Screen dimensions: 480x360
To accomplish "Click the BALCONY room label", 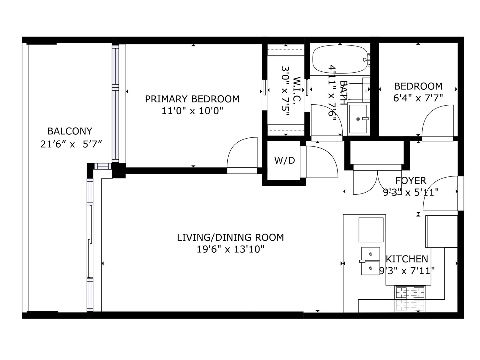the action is [70, 131].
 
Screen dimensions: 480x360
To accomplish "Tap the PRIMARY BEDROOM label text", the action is [192, 99].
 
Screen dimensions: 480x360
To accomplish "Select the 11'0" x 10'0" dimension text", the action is [192, 111].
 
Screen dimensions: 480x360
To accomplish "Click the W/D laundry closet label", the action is [284, 161].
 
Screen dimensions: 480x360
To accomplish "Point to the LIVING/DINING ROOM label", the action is [230, 237].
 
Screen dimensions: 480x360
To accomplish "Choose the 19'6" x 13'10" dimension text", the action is [230, 249].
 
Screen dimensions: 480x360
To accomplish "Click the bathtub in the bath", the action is [340, 59].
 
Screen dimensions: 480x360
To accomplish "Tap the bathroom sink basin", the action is [358, 119].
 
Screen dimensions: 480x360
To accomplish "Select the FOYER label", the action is [411, 181].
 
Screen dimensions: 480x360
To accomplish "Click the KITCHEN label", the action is [407, 259].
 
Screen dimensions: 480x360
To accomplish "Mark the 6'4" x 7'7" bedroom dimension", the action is [418, 98].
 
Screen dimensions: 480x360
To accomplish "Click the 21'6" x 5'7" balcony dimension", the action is [71, 145].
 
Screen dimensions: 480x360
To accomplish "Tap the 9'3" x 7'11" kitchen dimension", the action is [406, 271].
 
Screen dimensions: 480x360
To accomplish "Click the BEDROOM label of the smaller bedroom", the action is [418, 86].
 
